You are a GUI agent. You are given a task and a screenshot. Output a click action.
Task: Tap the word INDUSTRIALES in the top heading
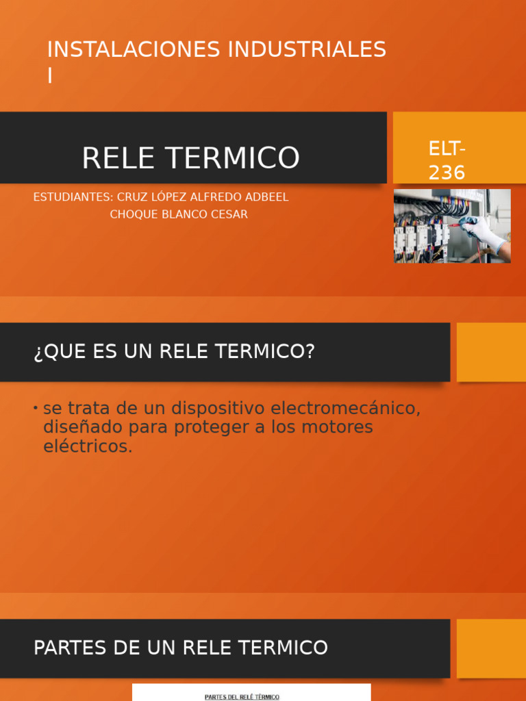[307, 49]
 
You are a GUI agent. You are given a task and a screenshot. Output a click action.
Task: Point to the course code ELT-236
[447, 161]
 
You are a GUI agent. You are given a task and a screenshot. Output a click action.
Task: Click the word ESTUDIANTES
[73, 197]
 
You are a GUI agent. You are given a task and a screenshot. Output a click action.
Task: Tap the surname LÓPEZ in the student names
[166, 196]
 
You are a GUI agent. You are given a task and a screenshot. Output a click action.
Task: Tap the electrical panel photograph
[452, 226]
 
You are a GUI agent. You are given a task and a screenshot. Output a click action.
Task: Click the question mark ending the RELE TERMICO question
[310, 351]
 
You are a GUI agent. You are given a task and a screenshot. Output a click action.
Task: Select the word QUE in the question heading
[60, 352]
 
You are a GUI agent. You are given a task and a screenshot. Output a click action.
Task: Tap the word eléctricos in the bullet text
[88, 446]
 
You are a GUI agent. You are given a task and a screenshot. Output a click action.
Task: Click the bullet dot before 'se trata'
[36, 408]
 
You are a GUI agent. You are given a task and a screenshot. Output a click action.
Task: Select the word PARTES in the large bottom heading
[70, 648]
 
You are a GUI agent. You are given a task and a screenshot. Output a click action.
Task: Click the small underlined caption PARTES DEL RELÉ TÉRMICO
[242, 697]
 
